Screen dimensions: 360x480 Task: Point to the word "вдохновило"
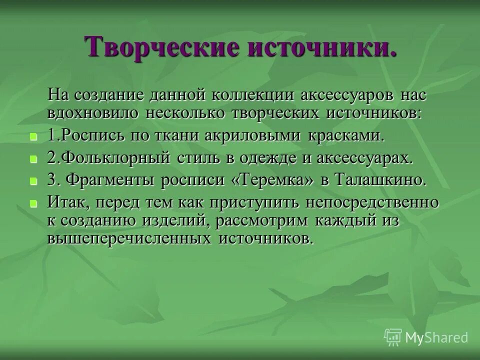(x=93, y=112)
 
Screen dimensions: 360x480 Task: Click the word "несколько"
(x=187, y=112)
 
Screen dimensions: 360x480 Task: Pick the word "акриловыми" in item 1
(x=260, y=135)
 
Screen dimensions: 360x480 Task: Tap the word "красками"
(x=347, y=135)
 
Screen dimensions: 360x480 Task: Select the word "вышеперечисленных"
(x=129, y=238)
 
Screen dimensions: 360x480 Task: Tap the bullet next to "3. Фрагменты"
(x=33, y=181)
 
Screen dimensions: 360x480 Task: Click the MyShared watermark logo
(x=426, y=337)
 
